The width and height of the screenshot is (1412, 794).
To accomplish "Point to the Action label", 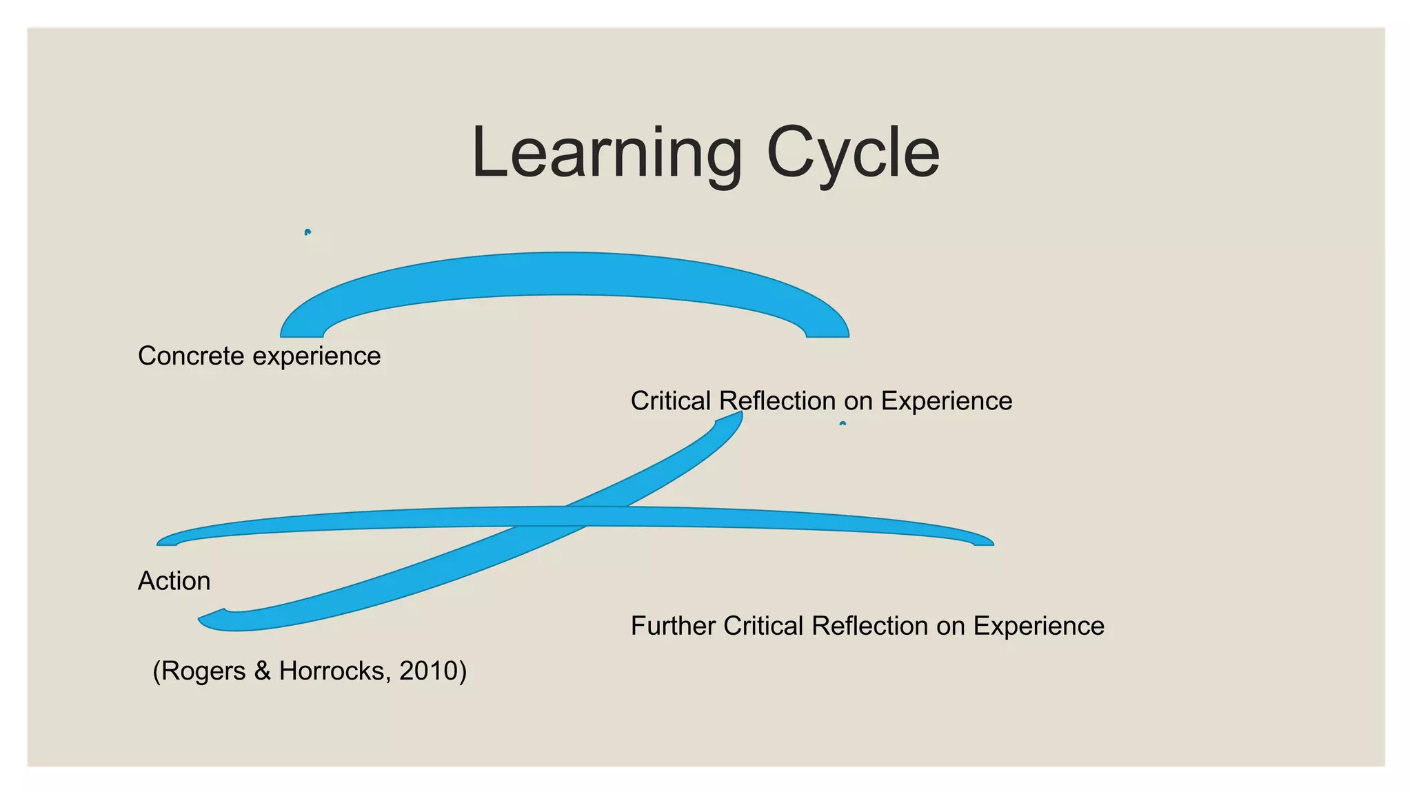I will coord(174,581).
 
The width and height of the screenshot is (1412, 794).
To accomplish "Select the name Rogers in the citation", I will coord(203,671).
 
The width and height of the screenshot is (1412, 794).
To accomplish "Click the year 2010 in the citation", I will coord(429,671).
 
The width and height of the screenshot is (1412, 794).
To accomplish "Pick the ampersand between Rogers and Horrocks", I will coord(262,671).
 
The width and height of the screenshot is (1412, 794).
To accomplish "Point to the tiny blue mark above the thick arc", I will coord(307,232).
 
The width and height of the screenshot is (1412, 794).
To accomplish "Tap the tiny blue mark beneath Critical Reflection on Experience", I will coord(843,423).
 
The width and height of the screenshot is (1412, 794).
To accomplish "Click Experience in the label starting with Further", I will coord(1038,626).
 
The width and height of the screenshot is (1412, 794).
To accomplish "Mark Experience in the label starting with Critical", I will coord(946,401).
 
